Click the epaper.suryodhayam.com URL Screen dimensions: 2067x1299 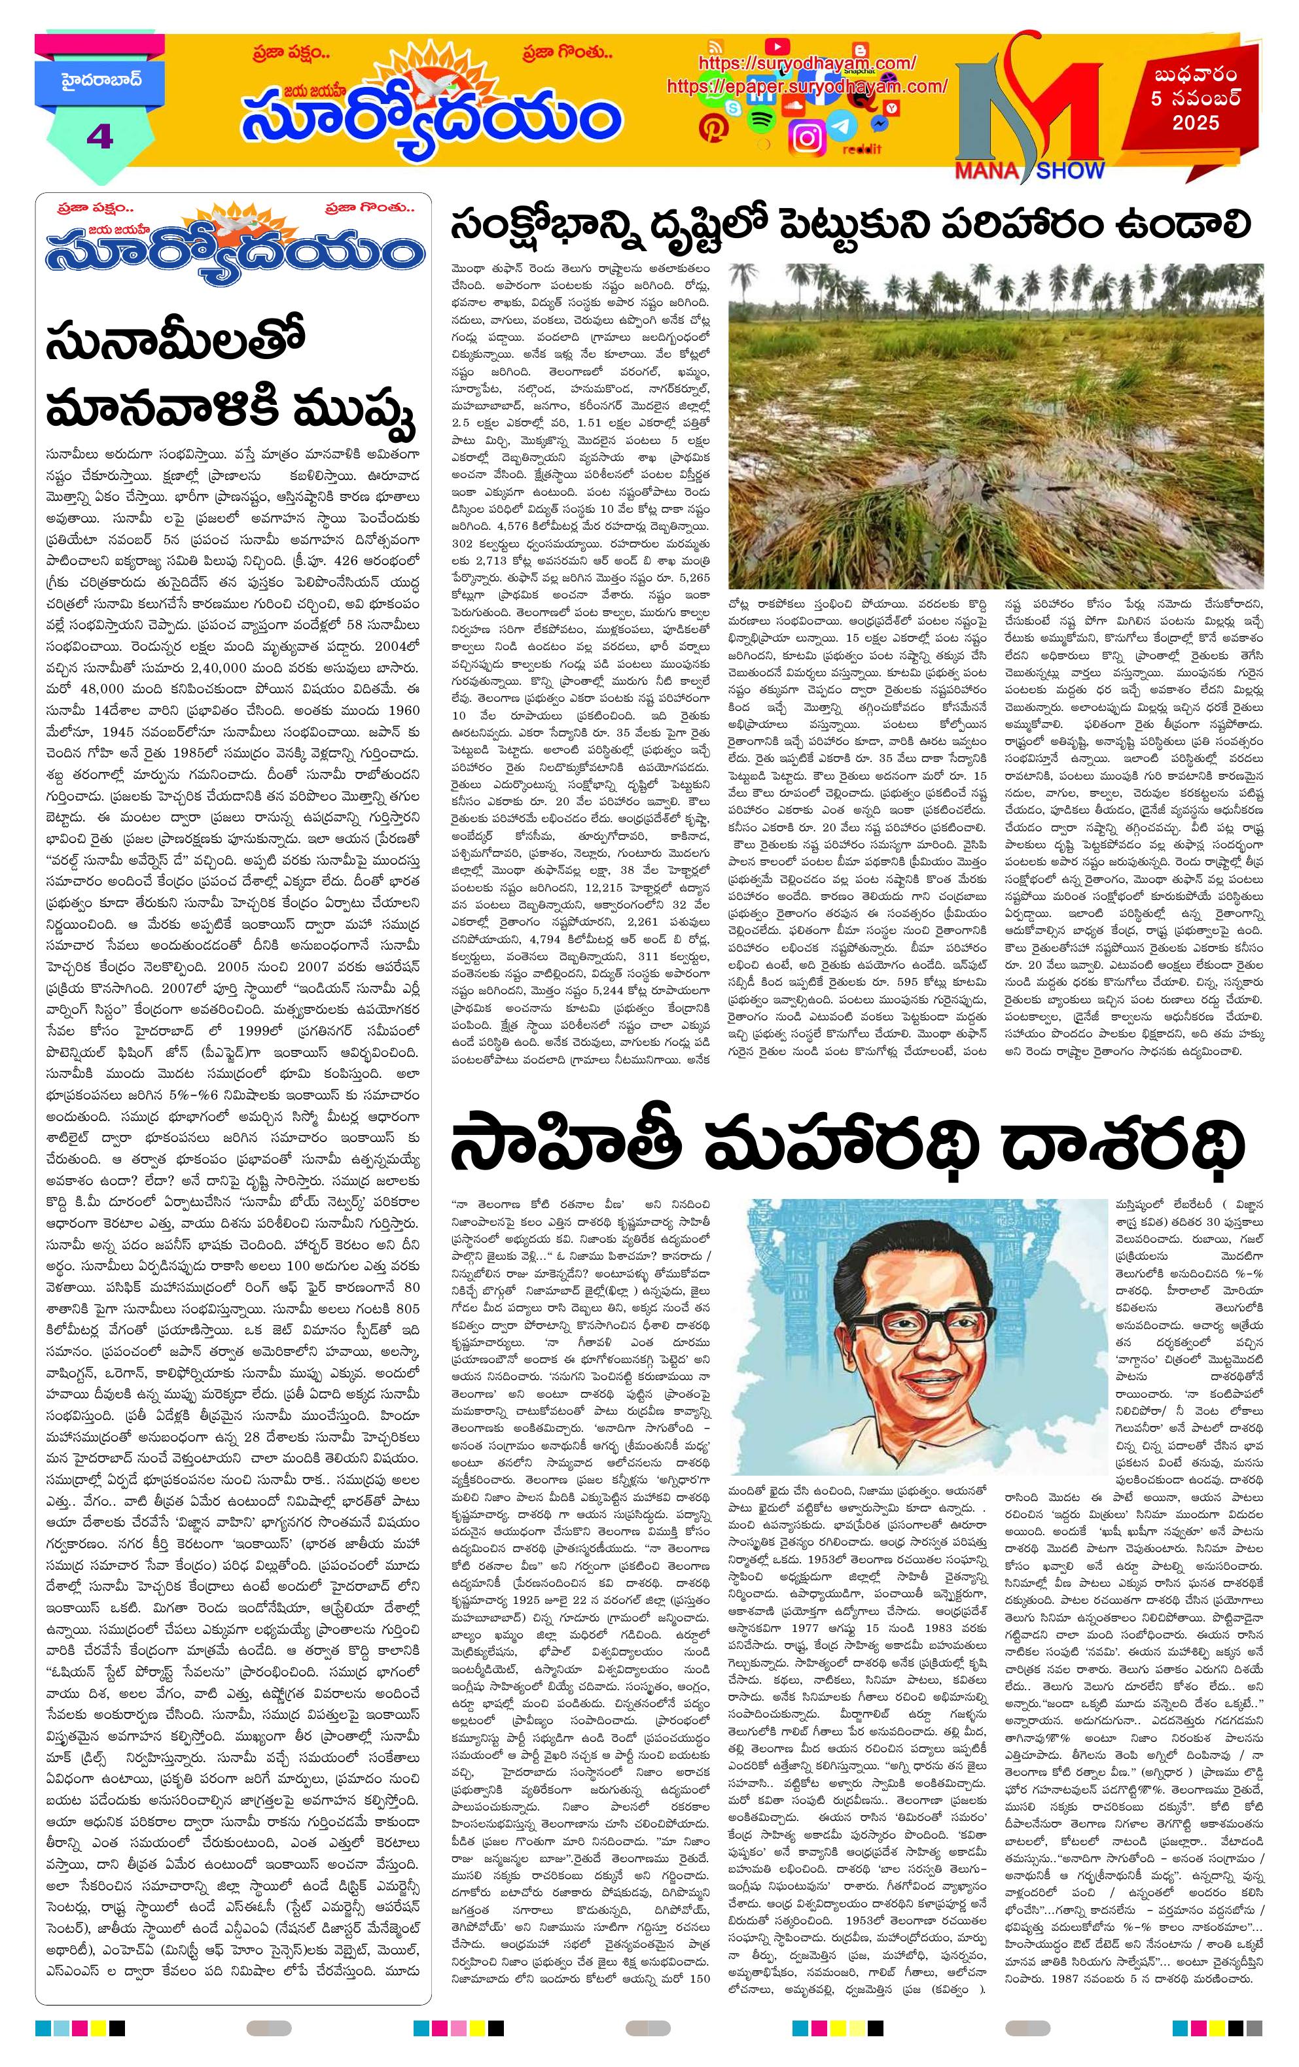[x=806, y=86]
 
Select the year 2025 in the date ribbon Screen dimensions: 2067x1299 [x=1196, y=123]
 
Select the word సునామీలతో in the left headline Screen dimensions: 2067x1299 [x=176, y=345]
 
